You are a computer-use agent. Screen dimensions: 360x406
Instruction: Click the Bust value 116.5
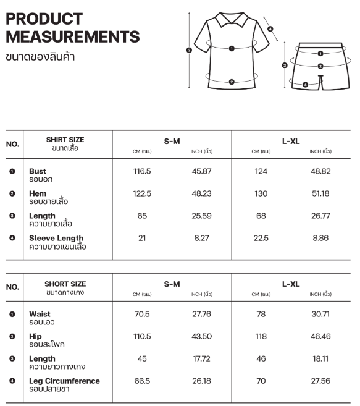pos(142,171)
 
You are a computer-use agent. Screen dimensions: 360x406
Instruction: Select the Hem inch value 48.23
pos(201,193)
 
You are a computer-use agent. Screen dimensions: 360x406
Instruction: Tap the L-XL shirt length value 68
pos(261,216)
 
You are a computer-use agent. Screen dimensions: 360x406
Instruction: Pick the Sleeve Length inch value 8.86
pos(320,238)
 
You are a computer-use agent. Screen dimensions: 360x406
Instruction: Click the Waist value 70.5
pos(142,314)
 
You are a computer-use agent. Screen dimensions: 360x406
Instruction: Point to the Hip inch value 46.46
pos(320,336)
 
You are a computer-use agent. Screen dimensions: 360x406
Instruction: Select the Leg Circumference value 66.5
pos(142,381)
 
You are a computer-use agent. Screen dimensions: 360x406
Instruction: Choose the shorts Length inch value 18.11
pos(320,358)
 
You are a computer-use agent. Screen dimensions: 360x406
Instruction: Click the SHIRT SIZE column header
pos(65,140)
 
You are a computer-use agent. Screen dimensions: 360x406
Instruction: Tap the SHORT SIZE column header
pos(65,284)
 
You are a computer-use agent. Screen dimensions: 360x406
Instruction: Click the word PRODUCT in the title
pos(44,19)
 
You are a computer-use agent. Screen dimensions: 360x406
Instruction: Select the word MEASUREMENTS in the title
pos(72,37)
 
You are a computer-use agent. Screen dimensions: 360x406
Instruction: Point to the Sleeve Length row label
pos(56,238)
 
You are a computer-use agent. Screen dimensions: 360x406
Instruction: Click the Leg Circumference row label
pos(64,381)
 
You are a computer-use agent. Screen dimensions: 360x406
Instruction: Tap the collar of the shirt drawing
pos(230,21)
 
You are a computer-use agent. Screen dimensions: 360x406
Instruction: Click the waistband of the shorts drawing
pos(320,46)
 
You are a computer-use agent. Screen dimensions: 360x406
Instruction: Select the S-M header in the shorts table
pos(172,284)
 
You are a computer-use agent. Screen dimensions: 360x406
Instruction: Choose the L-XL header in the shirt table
pos(290,141)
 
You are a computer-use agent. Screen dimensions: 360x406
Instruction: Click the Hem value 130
pos(261,193)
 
